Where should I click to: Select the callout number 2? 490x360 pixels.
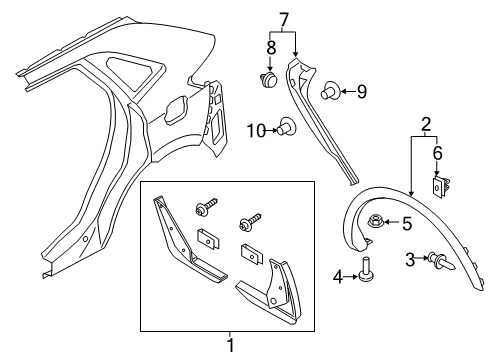click(425, 124)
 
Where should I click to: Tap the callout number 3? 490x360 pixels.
click(409, 261)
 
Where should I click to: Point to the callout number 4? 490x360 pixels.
click(336, 275)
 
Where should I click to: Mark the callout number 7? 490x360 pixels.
click(283, 20)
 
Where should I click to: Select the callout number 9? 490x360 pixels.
click(361, 93)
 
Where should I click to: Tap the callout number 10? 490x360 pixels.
click(255, 127)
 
